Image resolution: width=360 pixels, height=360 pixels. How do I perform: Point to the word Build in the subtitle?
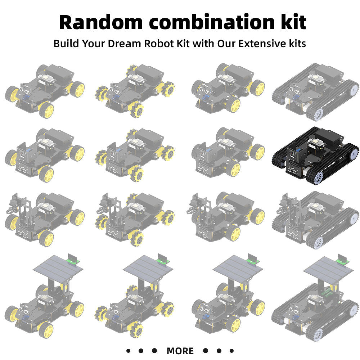(66, 44)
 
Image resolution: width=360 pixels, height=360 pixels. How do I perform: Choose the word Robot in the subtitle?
(158, 44)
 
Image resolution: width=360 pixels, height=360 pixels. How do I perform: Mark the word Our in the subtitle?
(226, 44)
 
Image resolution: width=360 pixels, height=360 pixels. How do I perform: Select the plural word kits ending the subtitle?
(296, 44)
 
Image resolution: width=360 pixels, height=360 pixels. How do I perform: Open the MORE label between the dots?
(180, 351)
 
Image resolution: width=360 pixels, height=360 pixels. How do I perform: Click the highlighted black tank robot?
(315, 155)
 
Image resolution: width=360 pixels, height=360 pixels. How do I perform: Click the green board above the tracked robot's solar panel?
(342, 260)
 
